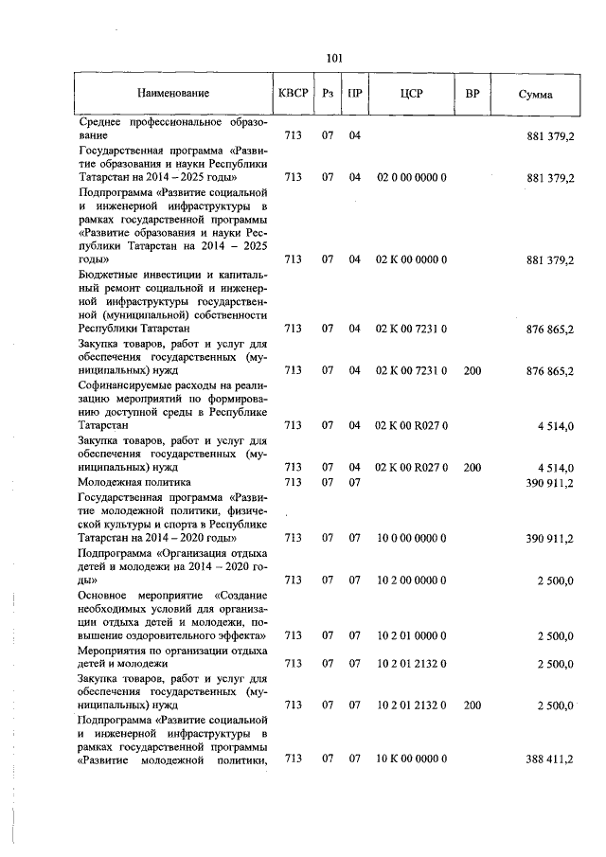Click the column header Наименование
tap(172, 94)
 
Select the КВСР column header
tap(293, 94)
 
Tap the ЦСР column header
tap(412, 94)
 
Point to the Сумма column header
tap(537, 95)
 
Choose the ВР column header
tap(472, 94)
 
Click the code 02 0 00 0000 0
tap(412, 177)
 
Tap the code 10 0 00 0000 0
tap(412, 538)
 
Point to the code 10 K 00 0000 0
tap(412, 759)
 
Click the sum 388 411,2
tap(549, 759)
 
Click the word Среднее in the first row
tap(100, 122)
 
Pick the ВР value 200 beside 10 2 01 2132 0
tap(472, 705)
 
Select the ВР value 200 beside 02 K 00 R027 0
tap(472, 468)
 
